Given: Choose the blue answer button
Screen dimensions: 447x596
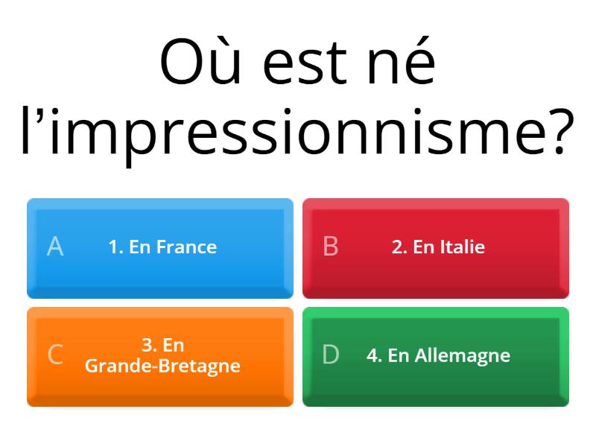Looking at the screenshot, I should (160, 248).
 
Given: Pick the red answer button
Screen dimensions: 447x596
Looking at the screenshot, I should (436, 248).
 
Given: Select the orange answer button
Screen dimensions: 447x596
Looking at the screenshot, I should (160, 357).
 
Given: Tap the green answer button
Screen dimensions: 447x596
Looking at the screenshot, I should (436, 357).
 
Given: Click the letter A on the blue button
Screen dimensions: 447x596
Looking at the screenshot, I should (55, 247).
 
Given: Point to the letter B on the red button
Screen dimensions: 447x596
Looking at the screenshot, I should (331, 247).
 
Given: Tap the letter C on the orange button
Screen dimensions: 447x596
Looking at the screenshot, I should (55, 355).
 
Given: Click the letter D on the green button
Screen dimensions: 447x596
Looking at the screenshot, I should (331, 355).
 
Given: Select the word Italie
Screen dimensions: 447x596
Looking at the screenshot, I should (460, 247).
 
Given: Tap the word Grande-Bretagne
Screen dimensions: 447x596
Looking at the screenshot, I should (162, 366).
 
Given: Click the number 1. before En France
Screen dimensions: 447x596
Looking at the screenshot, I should (116, 247).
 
